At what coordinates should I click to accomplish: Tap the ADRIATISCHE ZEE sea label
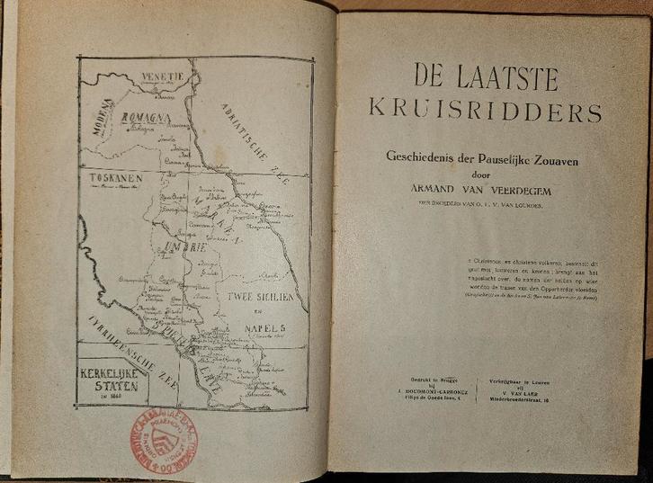(248, 143)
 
